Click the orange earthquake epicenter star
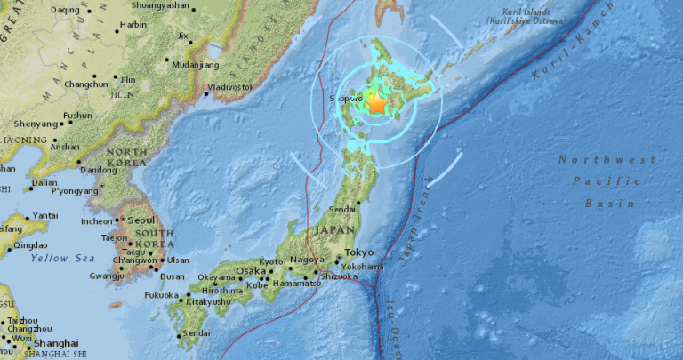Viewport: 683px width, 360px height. (377, 105)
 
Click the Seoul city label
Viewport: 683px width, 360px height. (141, 220)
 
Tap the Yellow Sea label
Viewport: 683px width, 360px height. (61, 258)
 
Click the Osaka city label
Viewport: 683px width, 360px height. (251, 271)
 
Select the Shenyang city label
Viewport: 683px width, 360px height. (30, 124)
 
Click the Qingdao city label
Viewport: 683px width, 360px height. (29, 245)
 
